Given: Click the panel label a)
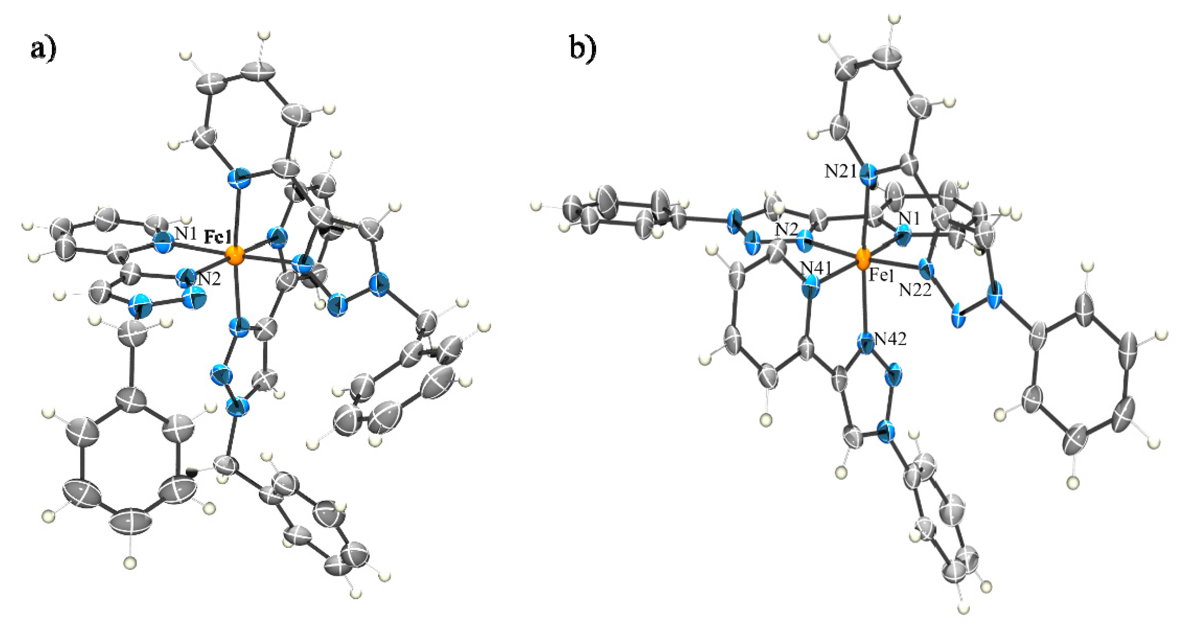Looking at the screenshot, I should click(43, 49).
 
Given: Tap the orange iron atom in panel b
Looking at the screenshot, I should click(863, 259).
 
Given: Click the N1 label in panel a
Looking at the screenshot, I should click(186, 235).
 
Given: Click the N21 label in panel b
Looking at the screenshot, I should click(841, 172).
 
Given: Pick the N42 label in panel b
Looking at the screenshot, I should click(890, 339).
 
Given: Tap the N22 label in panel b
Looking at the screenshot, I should click(915, 290).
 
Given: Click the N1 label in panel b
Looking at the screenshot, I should click(909, 219).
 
